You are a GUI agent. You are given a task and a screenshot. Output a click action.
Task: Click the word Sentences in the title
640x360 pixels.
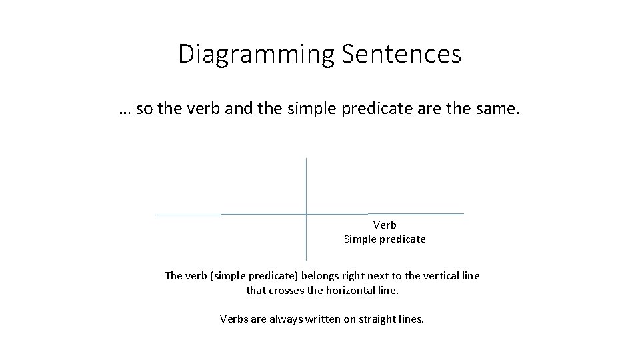pos(401,53)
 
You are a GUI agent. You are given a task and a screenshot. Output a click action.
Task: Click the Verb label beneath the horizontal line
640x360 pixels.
pos(385,225)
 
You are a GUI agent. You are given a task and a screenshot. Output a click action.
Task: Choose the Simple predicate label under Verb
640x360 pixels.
pos(385,239)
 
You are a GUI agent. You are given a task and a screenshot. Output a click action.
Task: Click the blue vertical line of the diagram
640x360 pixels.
pos(306,187)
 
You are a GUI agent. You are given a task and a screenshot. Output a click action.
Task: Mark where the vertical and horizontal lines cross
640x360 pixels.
pos(306,214)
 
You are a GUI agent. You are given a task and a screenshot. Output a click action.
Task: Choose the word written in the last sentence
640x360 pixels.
pos(323,319)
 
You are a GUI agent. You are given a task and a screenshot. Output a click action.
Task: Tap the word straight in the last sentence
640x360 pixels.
pos(379,319)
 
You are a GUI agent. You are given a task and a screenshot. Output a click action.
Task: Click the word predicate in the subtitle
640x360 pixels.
pos(377,109)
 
